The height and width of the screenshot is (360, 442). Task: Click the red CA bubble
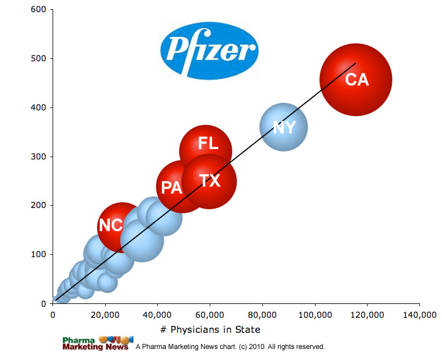[x=356, y=80]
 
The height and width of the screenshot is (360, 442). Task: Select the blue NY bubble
[x=283, y=127]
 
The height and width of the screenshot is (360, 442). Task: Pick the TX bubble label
[x=210, y=181]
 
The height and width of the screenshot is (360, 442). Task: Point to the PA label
[x=172, y=188]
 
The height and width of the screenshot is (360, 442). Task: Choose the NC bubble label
[x=110, y=225]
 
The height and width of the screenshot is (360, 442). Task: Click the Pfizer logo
[x=209, y=51]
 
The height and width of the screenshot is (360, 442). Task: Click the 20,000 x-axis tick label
[x=105, y=315]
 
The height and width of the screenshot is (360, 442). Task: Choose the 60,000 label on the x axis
[x=210, y=315]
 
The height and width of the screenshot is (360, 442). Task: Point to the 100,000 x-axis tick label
[x=314, y=315]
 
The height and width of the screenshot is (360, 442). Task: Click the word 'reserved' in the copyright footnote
[x=310, y=347]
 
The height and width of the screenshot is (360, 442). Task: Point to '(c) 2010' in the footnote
[x=242, y=347]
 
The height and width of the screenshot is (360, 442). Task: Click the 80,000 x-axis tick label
[x=262, y=315]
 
